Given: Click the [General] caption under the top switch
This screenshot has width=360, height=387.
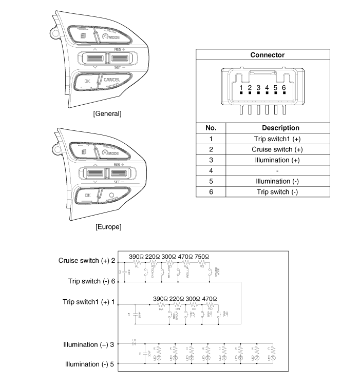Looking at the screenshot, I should pos(107,113).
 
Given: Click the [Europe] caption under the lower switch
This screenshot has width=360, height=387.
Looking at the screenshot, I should pos(107,226).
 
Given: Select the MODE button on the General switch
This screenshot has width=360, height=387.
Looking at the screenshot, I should pos(111,37).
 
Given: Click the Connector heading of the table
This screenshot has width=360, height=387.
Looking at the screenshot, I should pos(267,55).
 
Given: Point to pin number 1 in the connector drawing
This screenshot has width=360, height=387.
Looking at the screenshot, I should pos(241,88).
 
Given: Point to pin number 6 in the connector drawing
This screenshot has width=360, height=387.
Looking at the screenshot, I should pos(283,88).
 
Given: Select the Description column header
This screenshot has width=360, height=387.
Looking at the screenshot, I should pos(280,128).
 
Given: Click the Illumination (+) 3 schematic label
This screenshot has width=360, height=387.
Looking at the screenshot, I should pos(89,344).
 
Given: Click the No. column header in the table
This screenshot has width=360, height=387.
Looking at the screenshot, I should pos(211,128).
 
